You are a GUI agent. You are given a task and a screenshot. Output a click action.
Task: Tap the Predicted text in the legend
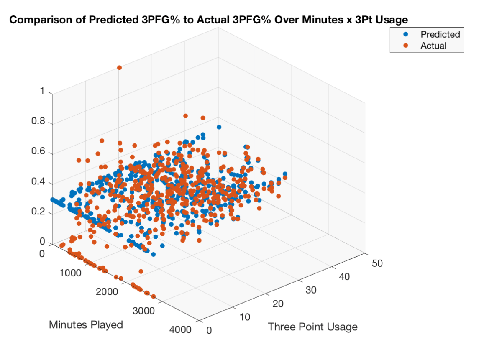tap(440, 34)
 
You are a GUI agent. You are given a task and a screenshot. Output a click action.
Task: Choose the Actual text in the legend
tap(433, 46)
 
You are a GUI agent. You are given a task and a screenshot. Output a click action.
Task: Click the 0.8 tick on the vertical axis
tap(38, 123)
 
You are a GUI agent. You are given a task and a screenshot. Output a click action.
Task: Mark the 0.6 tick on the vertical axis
tap(38, 153)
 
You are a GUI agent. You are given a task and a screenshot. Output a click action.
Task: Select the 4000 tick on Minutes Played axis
tap(180, 329)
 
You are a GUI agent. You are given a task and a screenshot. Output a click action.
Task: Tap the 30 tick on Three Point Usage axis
tap(311, 290)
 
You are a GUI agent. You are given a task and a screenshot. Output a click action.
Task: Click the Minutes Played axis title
tap(86, 324)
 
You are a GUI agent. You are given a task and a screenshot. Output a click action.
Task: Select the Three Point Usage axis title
tap(312, 327)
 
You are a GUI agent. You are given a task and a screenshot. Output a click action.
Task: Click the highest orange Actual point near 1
tap(119, 67)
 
